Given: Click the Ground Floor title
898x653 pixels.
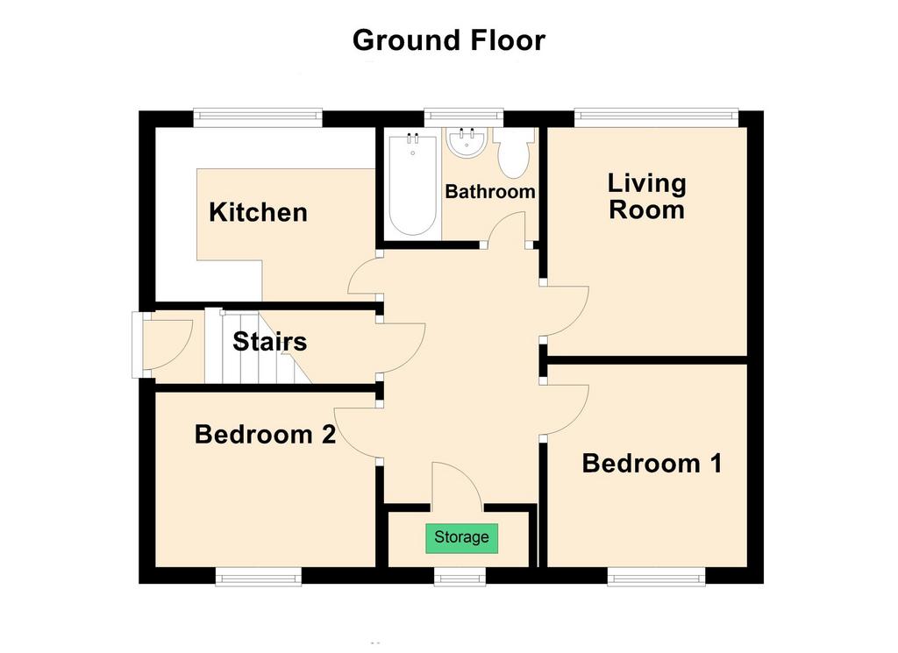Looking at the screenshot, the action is [448, 40].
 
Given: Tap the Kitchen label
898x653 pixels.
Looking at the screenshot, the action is [258, 212].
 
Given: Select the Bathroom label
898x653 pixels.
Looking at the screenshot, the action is [490, 191].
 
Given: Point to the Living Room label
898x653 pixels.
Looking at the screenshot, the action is [646, 196].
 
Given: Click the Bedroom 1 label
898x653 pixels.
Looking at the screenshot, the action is [652, 464].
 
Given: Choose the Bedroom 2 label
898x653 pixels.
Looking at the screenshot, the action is [265, 435].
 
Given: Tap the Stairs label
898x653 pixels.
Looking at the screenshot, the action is [270, 342].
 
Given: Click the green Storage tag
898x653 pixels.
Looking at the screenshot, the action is [461, 538].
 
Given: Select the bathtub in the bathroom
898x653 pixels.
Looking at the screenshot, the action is [413, 184].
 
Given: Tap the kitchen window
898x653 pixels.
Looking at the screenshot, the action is [258, 118].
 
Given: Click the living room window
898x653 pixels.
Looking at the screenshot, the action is [656, 118].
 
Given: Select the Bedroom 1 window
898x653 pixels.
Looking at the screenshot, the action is [656, 577].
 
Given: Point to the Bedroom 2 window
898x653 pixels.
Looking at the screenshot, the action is [259, 577].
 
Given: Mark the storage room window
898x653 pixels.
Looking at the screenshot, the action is [460, 577].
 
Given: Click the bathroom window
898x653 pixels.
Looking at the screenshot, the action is [464, 118].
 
